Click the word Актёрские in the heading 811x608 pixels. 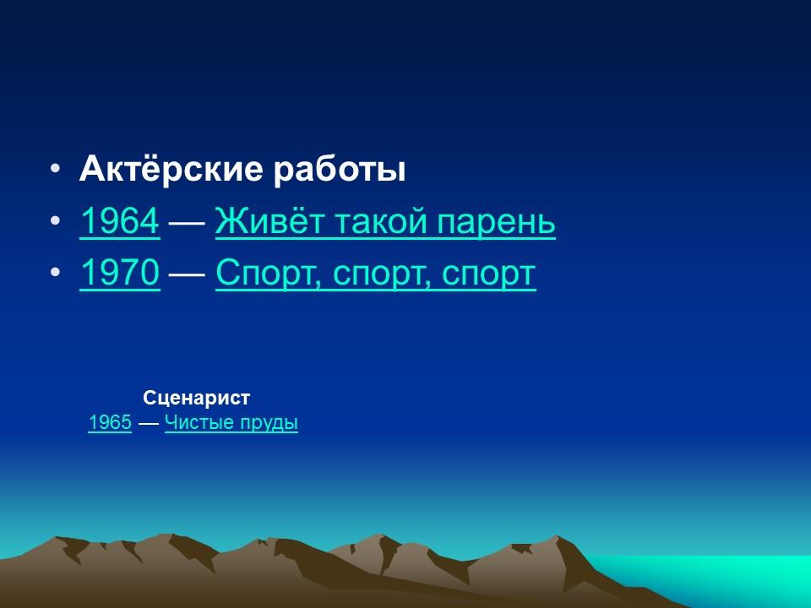pyautogui.click(x=170, y=171)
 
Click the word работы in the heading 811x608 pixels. pyautogui.click(x=339, y=171)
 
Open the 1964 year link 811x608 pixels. pyautogui.click(x=119, y=222)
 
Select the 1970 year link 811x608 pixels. pyautogui.click(x=119, y=274)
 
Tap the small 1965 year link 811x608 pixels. pyautogui.click(x=109, y=423)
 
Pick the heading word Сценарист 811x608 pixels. pyautogui.click(x=197, y=398)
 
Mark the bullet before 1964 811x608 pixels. pyautogui.click(x=55, y=222)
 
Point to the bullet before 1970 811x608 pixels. pyautogui.click(x=55, y=274)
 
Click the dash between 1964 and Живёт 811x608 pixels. pyautogui.click(x=188, y=223)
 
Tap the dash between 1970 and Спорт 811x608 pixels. pyautogui.click(x=188, y=274)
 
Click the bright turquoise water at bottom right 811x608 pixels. pyautogui.click(x=743, y=578)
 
